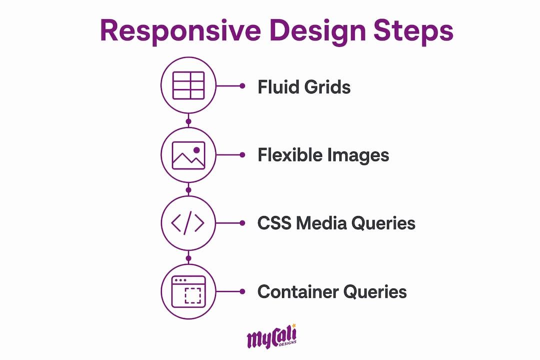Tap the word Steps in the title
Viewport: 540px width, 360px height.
tap(413, 30)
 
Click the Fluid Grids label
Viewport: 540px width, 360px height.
tap(304, 86)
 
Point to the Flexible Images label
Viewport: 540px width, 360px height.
tap(323, 155)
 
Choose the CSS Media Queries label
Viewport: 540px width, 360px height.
tap(336, 223)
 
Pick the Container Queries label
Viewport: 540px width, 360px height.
tap(332, 292)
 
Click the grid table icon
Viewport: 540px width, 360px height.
tap(188, 85)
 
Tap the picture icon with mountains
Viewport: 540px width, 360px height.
tap(188, 155)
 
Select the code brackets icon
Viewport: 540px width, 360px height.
tap(188, 223)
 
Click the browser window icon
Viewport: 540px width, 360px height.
tap(188, 291)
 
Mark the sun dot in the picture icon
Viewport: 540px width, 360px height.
tap(196, 150)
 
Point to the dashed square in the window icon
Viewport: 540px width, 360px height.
tap(193, 295)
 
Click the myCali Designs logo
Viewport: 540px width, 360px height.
tap(271, 336)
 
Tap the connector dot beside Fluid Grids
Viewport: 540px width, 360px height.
tap(242, 86)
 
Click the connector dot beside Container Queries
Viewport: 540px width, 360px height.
tap(242, 291)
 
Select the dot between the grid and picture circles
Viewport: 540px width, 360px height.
tap(188, 121)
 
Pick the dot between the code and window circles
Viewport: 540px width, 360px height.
tap(188, 258)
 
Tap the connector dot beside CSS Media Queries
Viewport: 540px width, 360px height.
tap(242, 223)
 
